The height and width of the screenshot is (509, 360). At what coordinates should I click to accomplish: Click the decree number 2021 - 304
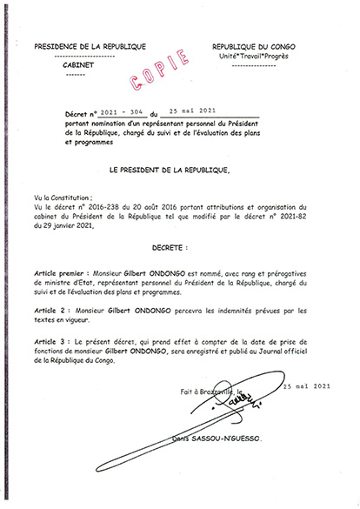click(x=120, y=114)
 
